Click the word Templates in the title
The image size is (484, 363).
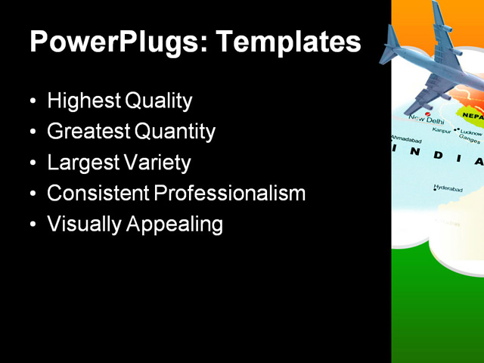[x=289, y=42]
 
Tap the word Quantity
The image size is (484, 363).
[x=175, y=132]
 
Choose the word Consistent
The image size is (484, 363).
[x=98, y=194]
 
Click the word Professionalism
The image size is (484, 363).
[x=230, y=194]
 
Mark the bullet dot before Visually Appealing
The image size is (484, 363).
[x=32, y=225]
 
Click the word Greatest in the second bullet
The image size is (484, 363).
[x=88, y=132]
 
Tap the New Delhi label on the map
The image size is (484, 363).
[x=426, y=120]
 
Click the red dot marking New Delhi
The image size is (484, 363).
[x=428, y=114]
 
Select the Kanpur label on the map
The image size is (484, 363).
[x=441, y=131]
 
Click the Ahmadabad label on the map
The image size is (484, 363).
[x=405, y=140]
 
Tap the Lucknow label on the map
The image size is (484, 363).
[x=470, y=133]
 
